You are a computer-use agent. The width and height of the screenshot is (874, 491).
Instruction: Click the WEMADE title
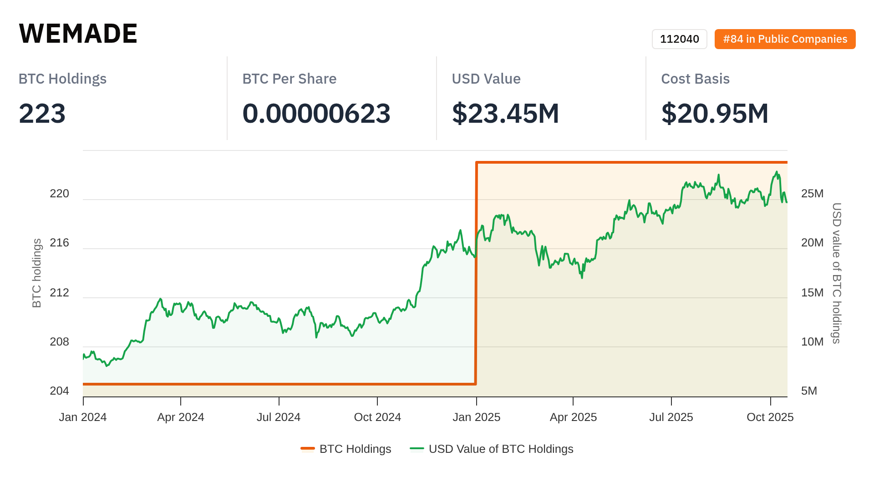tap(78, 33)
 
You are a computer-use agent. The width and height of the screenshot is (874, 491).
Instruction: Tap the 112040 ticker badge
tap(679, 39)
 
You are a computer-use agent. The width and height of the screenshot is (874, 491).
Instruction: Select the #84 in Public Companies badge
tap(785, 39)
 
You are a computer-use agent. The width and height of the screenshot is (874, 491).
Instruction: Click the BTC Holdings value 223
tap(42, 113)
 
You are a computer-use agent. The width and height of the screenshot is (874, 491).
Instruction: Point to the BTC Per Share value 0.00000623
tap(316, 113)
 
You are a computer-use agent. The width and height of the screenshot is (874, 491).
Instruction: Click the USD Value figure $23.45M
tap(505, 113)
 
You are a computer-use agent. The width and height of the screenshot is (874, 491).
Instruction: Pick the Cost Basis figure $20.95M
tap(715, 113)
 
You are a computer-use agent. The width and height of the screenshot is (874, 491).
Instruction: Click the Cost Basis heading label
tap(695, 79)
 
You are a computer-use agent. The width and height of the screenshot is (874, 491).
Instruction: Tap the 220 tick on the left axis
tap(59, 194)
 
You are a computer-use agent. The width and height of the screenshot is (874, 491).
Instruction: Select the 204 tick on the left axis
tap(59, 391)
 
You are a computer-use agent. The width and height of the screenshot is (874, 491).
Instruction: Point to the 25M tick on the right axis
tap(812, 194)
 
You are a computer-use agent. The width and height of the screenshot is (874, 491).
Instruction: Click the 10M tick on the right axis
tap(812, 341)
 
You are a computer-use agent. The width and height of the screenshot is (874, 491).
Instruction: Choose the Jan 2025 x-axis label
tap(476, 417)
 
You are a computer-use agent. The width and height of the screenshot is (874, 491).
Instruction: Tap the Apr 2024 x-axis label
tap(181, 417)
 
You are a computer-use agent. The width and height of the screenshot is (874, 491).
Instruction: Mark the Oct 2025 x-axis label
tap(770, 417)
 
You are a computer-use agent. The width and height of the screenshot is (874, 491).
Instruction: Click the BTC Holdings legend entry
tap(346, 449)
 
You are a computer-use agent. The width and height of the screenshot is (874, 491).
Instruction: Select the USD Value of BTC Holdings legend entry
tap(492, 449)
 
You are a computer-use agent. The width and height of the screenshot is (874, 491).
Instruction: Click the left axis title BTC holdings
tap(37, 273)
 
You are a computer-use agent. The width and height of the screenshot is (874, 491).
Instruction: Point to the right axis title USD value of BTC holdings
tap(837, 273)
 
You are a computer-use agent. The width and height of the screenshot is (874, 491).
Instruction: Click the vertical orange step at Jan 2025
tap(476, 273)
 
